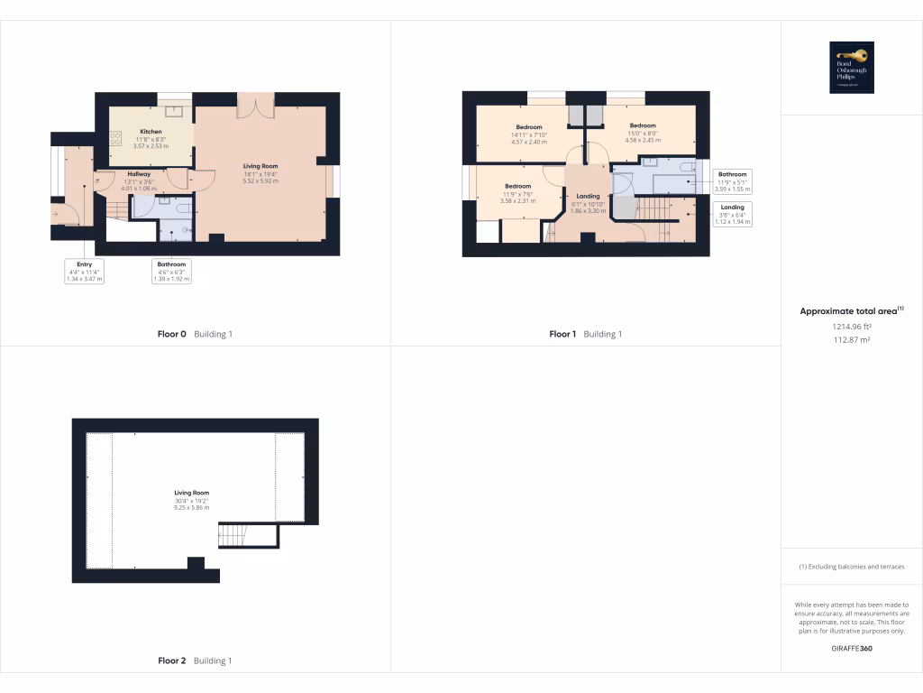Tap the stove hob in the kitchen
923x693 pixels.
[115, 139]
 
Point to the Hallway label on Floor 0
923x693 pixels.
[138, 174]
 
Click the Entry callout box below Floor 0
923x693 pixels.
[85, 272]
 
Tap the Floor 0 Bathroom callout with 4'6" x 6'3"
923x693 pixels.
[171, 272]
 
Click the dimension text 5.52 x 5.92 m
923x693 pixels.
[260, 181]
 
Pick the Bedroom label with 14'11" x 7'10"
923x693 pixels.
[529, 126]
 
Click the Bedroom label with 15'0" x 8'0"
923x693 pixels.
[643, 125]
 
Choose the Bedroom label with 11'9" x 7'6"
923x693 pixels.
[517, 186]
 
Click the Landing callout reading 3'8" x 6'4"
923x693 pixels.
[732, 213]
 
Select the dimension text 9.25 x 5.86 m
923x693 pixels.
[191, 508]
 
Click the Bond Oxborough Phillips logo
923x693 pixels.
[852, 68]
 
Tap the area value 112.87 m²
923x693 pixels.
[852, 339]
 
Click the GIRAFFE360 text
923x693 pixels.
[852, 648]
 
